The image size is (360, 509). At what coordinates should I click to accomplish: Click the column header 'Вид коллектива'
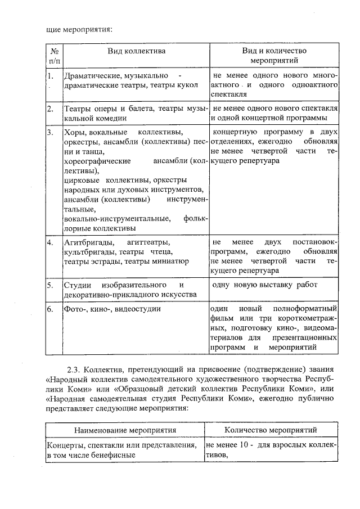(x=137, y=51)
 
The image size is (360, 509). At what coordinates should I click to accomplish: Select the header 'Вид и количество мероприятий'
(x=274, y=55)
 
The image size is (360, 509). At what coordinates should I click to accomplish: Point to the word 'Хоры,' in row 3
(x=75, y=133)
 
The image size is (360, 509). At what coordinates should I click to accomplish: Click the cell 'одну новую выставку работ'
(x=264, y=285)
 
